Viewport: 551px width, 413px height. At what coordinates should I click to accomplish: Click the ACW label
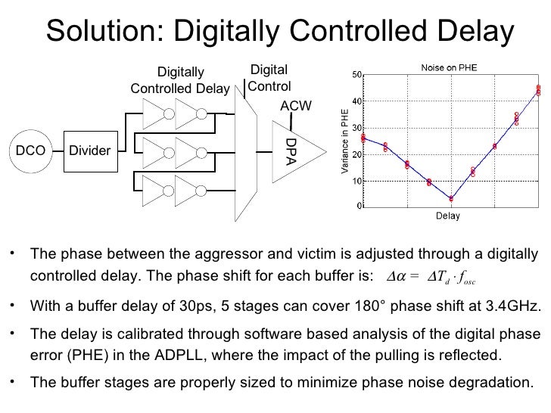(x=296, y=107)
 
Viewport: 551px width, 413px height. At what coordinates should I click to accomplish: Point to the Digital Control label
(x=269, y=79)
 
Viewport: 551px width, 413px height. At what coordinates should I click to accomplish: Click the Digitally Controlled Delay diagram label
(x=180, y=81)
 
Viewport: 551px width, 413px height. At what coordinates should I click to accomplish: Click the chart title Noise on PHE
(x=449, y=67)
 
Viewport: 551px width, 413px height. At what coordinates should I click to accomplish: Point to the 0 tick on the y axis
(x=359, y=205)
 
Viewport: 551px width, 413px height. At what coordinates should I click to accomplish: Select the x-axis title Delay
(x=447, y=216)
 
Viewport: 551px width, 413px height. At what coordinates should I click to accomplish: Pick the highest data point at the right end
(x=538, y=89)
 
